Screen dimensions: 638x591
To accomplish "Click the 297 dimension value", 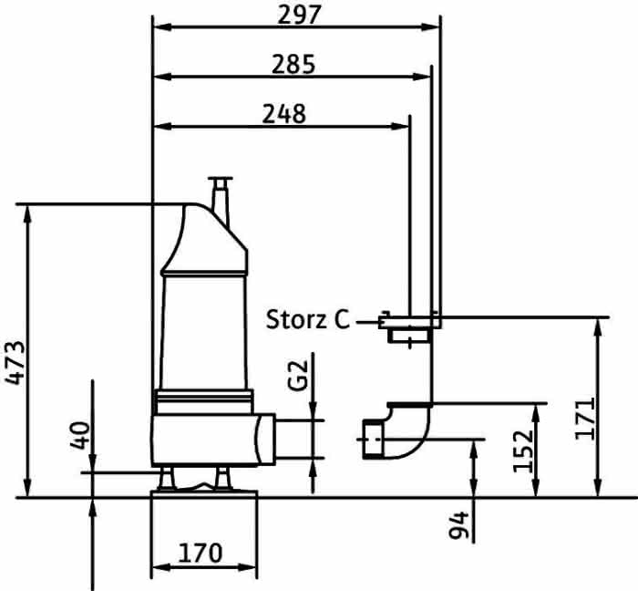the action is click(x=300, y=15).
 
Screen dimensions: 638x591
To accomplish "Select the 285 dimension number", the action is click(x=293, y=65).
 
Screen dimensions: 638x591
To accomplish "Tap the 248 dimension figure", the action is click(x=283, y=114).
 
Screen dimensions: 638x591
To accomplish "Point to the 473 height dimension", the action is click(x=15, y=363).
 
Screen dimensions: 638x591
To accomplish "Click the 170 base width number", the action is click(x=201, y=553).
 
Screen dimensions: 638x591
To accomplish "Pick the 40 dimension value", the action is click(x=80, y=436).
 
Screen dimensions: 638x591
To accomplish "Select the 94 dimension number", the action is click(x=458, y=525).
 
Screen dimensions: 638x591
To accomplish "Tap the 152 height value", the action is click(x=523, y=451).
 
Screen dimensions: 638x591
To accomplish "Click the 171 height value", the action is click(x=585, y=419).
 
